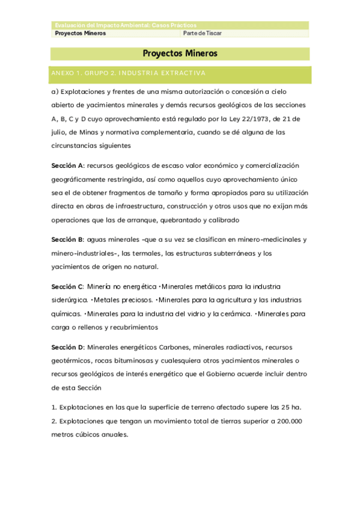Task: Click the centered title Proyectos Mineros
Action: point(180,54)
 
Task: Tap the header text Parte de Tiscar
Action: point(203,34)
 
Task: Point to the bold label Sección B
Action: point(67,239)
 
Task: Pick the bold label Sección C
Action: point(67,286)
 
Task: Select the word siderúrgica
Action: point(69,300)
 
